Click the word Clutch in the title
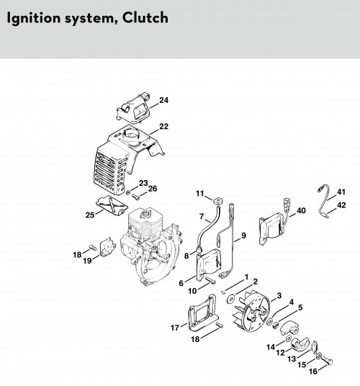point(145,17)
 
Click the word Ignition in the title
point(33,19)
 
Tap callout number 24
point(164,100)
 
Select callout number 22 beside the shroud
point(164,126)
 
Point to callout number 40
point(301,211)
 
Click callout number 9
point(243,235)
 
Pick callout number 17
point(175,328)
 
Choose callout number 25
point(90,215)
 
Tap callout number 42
point(341,205)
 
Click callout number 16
point(313,371)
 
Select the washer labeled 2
point(231,299)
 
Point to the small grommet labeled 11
point(217,201)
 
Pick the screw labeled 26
point(136,197)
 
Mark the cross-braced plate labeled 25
point(112,206)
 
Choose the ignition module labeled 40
point(271,228)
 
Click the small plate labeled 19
point(108,247)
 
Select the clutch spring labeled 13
point(315,348)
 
